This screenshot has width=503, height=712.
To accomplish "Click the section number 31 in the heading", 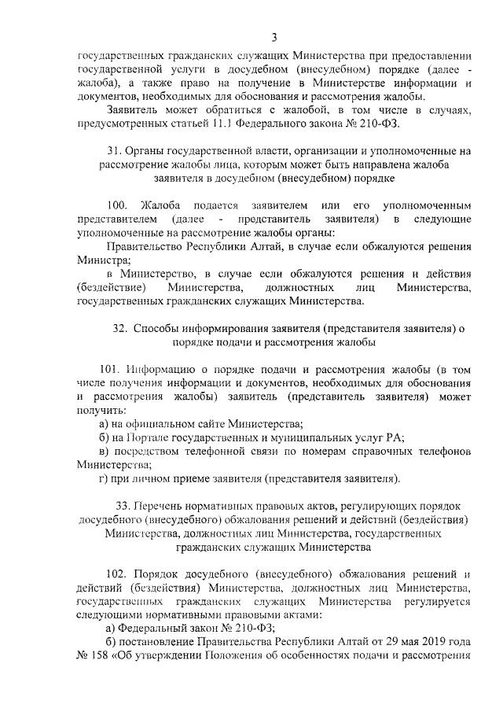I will [x=112, y=150].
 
